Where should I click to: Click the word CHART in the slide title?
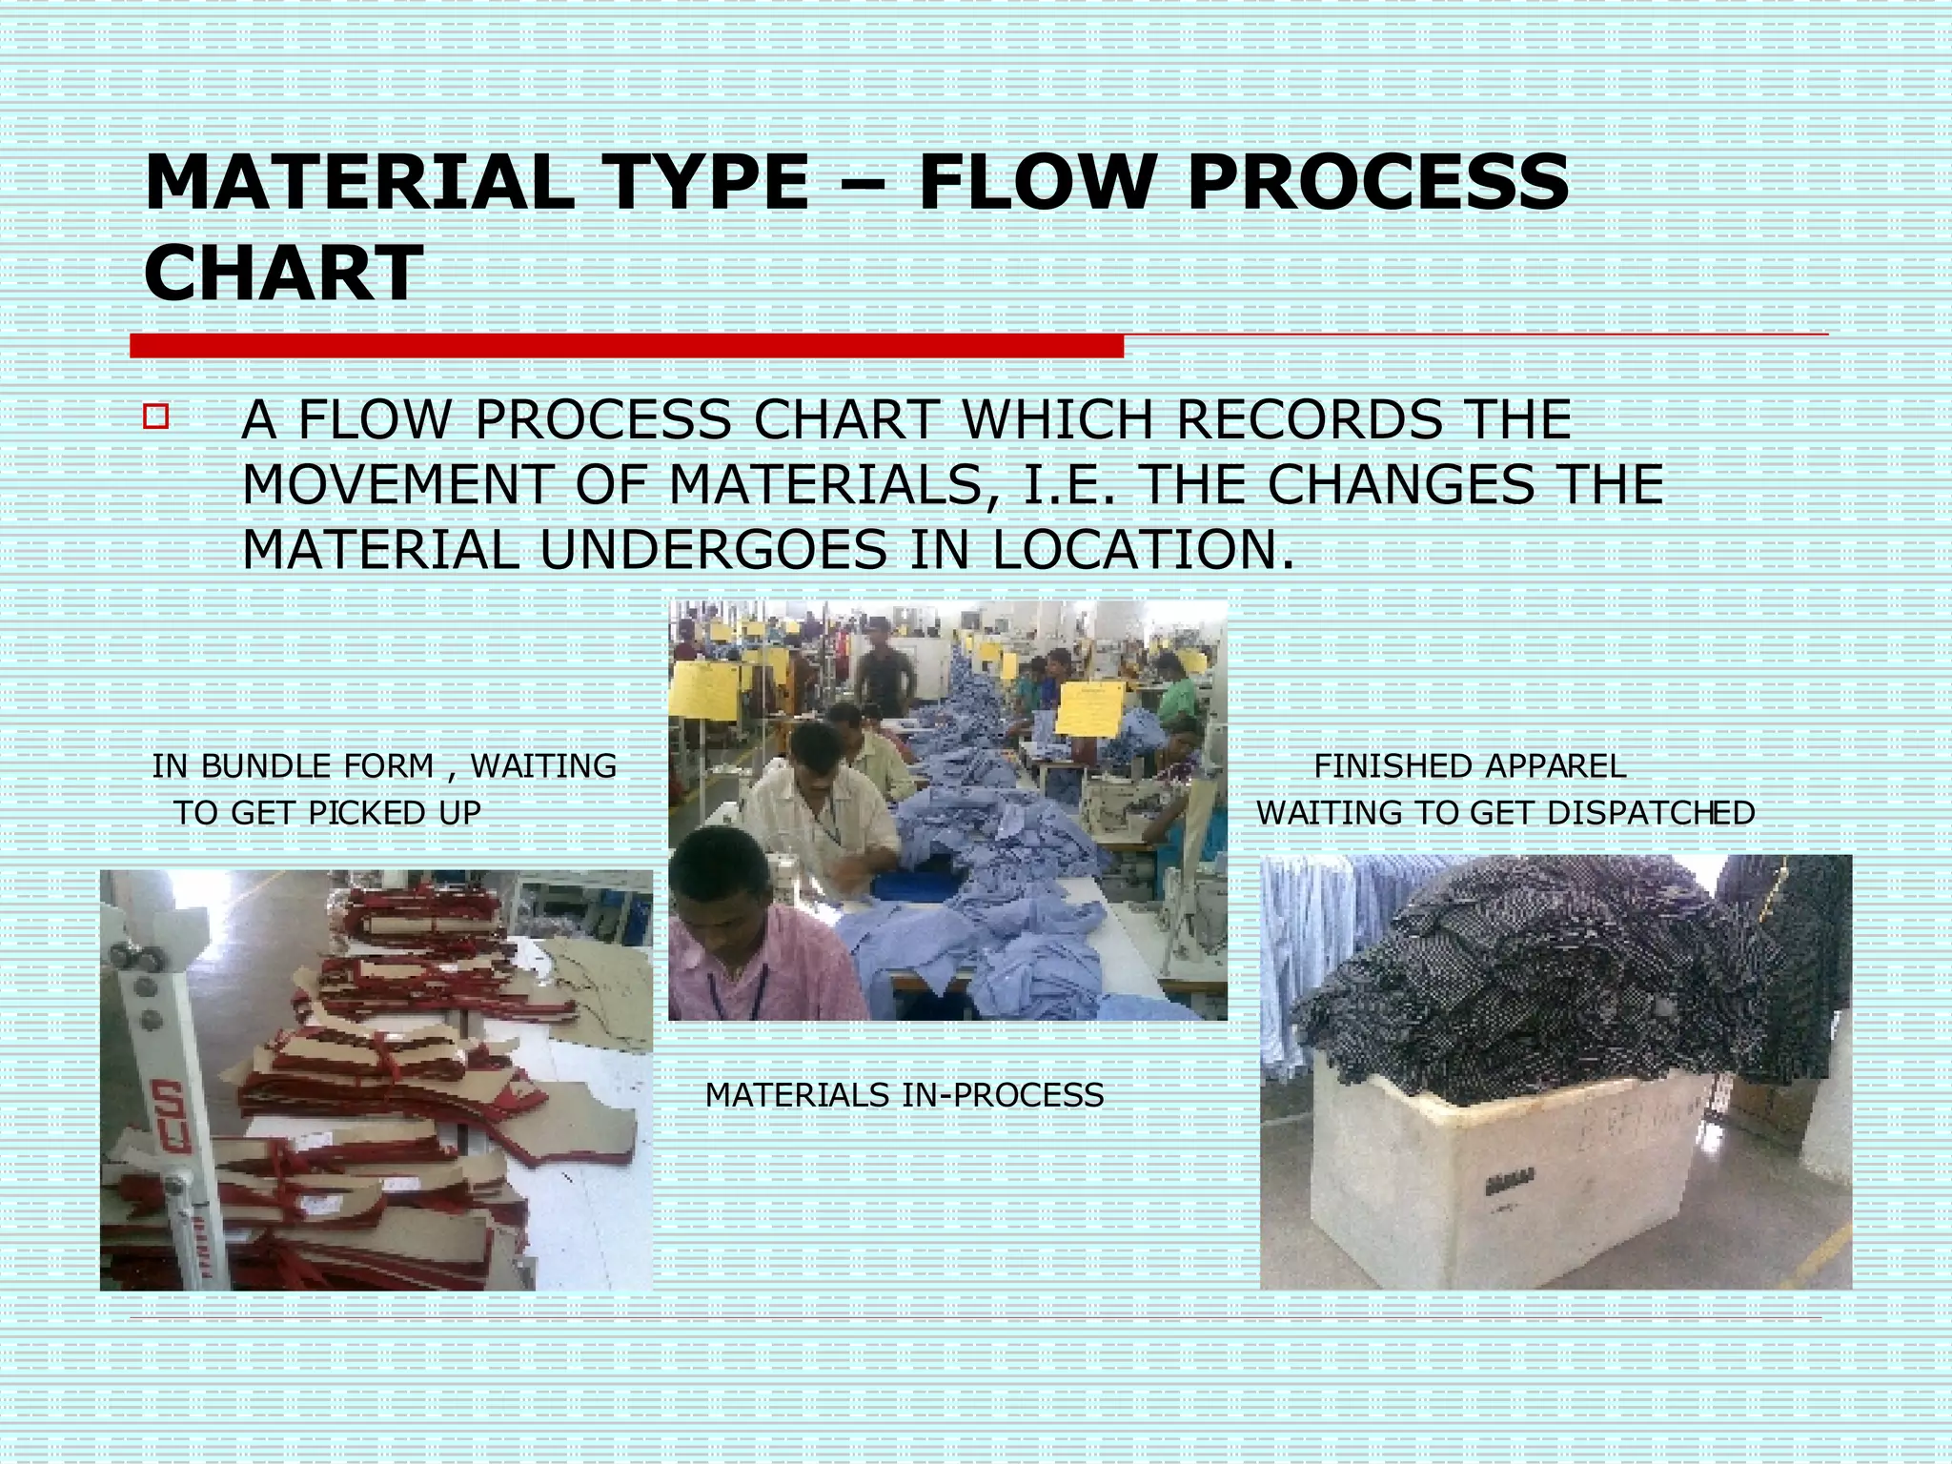click(283, 274)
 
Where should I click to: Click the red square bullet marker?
click(156, 417)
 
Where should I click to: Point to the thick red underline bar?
click(626, 346)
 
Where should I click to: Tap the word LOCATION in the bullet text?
click(1142, 550)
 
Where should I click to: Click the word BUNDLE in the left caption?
click(268, 766)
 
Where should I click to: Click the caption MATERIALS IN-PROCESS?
click(904, 1096)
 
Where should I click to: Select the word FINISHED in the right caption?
click(1392, 766)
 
